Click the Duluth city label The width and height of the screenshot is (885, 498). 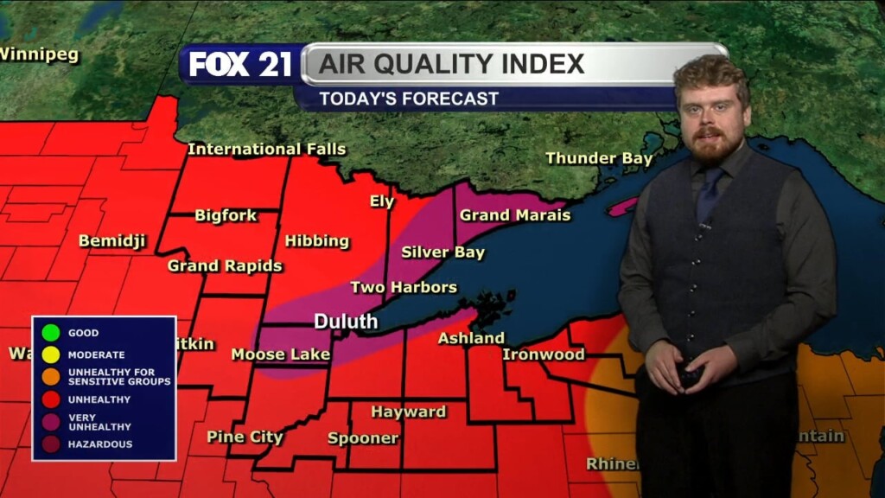[x=346, y=322]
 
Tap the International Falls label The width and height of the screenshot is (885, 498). [x=266, y=149]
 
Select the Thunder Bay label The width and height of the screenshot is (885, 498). [x=599, y=158]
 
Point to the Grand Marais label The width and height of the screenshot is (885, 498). [x=515, y=215]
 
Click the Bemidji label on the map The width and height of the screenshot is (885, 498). [x=112, y=240]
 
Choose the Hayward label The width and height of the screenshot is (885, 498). [x=409, y=412]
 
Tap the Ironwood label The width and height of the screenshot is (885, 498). [x=544, y=354]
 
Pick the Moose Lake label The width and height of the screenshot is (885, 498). [x=280, y=354]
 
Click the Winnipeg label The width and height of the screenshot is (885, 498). [x=39, y=54]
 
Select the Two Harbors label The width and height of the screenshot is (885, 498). [x=404, y=287]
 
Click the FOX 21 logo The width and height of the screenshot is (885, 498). [x=240, y=65]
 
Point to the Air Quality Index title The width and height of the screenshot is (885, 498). [x=452, y=64]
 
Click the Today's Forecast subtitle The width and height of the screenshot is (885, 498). [x=409, y=99]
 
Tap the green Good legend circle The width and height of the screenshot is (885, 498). [x=50, y=332]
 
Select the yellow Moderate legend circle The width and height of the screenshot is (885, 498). [x=50, y=354]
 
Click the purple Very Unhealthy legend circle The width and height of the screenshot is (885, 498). [x=50, y=422]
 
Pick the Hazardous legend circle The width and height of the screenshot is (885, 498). [x=50, y=444]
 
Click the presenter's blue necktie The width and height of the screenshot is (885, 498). [x=710, y=197]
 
